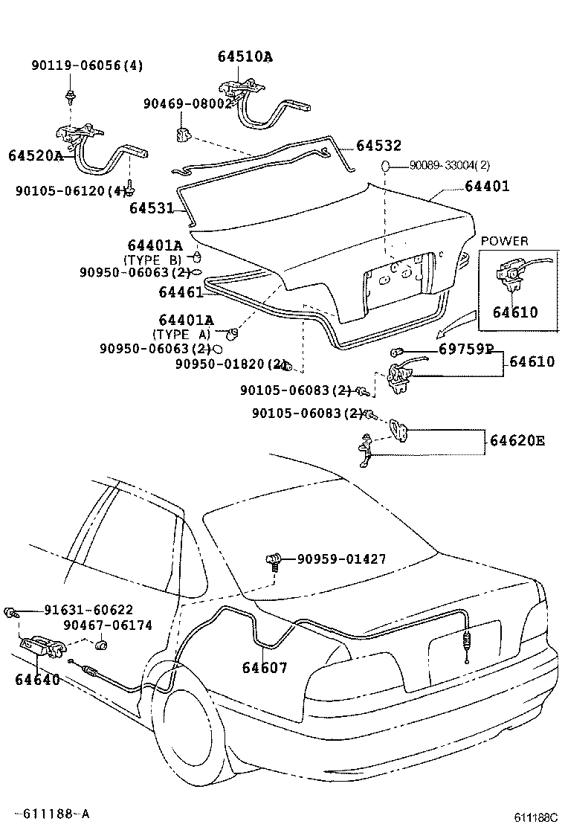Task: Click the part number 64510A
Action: tap(245, 57)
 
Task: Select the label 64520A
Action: tap(36, 155)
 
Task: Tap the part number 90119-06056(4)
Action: tap(86, 65)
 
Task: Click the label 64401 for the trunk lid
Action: tap(487, 186)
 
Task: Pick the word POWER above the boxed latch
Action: tap(504, 241)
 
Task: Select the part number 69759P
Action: tap(465, 348)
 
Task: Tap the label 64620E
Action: tap(517, 440)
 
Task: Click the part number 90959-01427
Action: tap(341, 559)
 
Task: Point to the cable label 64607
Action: tap(264, 667)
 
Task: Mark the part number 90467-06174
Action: tap(107, 625)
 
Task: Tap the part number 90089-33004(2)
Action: tap(449, 165)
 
